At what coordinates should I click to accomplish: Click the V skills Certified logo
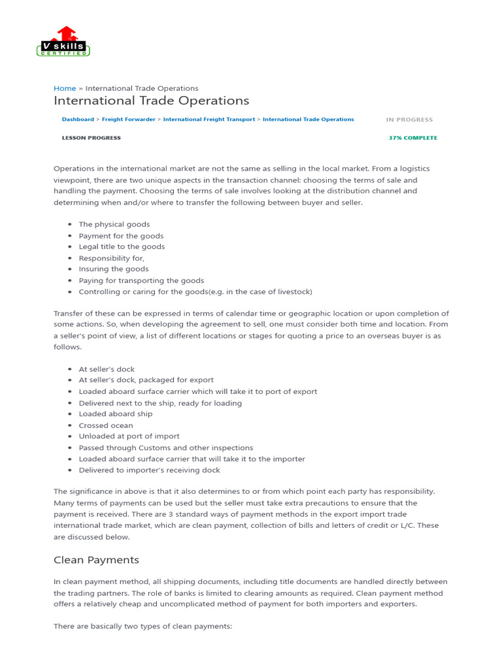[63, 42]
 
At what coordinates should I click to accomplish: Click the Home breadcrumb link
[65, 88]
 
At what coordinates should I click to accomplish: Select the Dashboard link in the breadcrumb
[78, 120]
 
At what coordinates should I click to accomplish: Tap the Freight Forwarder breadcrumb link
[129, 120]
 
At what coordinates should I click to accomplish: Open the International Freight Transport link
[209, 120]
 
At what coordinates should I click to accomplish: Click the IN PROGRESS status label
[409, 120]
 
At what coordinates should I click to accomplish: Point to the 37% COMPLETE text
[413, 138]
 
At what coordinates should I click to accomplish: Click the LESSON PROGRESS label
[91, 138]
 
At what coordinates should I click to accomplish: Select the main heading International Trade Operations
[151, 101]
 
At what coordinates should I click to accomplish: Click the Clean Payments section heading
[96, 560]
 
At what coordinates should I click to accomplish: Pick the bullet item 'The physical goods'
[114, 224]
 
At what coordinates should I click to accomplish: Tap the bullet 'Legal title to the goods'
[122, 246]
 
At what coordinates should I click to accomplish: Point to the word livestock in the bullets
[293, 291]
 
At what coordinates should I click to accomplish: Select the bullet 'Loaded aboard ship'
[116, 414]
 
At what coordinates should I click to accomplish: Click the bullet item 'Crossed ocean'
[106, 425]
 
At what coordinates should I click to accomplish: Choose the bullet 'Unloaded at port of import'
[129, 436]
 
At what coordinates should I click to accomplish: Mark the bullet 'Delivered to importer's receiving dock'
[149, 470]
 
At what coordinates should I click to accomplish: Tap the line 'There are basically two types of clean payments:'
[142, 626]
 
